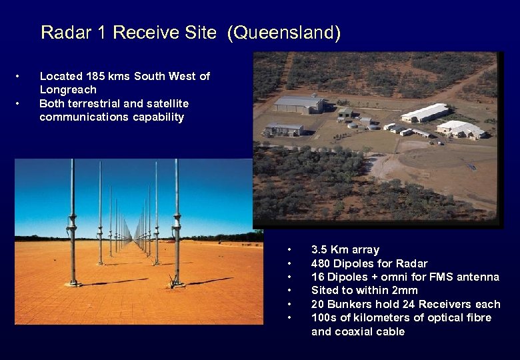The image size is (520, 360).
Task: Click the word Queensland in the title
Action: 283,33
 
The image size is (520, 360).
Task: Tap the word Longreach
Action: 68,89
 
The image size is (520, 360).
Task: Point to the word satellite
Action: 165,103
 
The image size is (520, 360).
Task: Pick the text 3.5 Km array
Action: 345,250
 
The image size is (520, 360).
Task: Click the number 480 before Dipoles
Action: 322,263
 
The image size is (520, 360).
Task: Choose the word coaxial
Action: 357,331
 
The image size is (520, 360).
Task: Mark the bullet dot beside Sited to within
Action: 289,291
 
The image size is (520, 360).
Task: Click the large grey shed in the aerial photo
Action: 298,104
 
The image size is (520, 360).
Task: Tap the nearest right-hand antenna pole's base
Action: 177,283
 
